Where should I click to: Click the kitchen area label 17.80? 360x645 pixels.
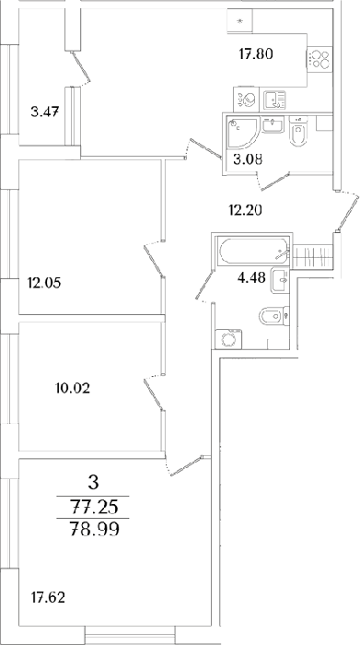coord(256,53)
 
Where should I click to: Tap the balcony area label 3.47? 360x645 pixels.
coord(45,111)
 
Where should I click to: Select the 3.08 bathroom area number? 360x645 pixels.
coord(248,158)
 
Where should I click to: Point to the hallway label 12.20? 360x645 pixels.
coord(245,211)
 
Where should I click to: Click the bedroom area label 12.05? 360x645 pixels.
coord(44,283)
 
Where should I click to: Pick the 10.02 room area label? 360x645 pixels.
coord(73,388)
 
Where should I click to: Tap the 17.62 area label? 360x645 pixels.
coord(48,597)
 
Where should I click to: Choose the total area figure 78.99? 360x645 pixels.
coord(94,529)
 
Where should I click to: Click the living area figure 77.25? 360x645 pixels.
coord(94,508)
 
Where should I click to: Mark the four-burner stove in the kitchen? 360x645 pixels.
coord(320,59)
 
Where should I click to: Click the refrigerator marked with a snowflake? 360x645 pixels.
coord(240,21)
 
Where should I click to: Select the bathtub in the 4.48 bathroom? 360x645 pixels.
coord(252,252)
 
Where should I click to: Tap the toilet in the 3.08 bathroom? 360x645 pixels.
coord(297,132)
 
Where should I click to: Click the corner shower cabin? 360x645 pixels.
coord(241,132)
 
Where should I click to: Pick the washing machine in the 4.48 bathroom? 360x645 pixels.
coord(228,339)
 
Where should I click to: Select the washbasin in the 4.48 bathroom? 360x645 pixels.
coord(280,281)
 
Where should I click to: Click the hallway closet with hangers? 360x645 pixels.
coord(311,257)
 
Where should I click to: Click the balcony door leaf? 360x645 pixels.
coord(80,66)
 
